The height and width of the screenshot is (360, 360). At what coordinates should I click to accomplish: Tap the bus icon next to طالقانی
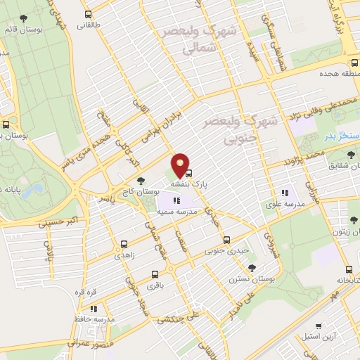point(88,14)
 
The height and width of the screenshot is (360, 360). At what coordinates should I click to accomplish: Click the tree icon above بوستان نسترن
point(252,267)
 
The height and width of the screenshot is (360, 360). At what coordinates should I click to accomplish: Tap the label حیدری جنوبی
point(226,250)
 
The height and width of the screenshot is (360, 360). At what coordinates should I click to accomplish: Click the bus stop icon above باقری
point(155,274)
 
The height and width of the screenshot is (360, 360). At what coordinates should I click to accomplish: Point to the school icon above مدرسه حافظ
point(93,308)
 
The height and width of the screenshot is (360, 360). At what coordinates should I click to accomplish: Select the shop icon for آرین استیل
point(320,326)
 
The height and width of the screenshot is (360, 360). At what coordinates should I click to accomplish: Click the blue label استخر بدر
point(344,134)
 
